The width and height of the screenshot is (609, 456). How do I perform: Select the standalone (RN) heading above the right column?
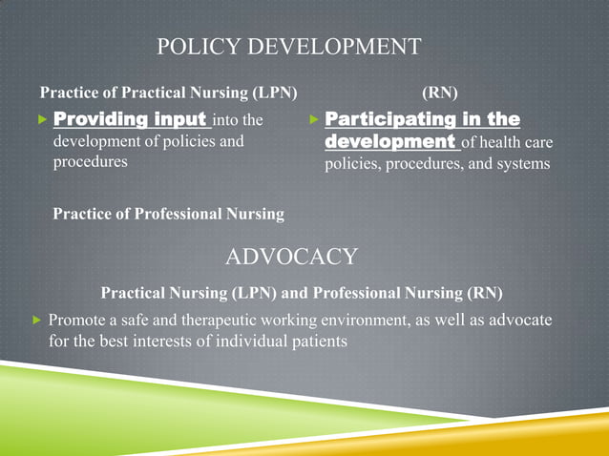coord(438,93)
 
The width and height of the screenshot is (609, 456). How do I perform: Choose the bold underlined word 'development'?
coord(389,141)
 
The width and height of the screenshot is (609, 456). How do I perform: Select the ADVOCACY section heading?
coord(291,257)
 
